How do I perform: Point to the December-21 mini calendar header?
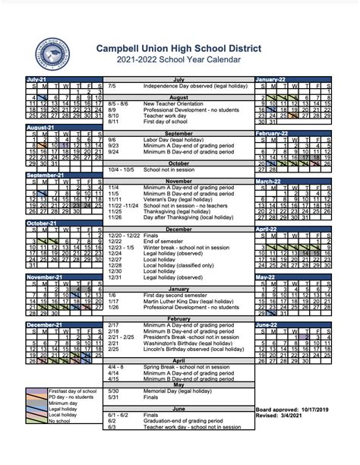tap(43, 325)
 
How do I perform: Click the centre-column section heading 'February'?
tap(179, 318)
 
